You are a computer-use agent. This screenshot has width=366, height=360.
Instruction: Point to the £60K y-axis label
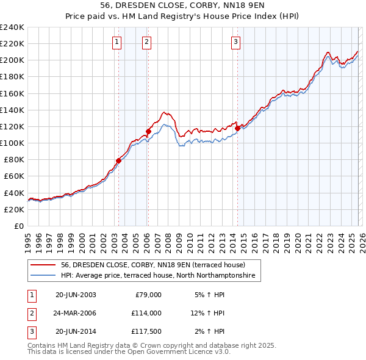click(x=14, y=176)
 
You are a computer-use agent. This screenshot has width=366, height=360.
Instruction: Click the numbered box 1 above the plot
click(x=117, y=42)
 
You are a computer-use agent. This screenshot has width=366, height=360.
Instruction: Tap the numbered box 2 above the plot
click(x=147, y=42)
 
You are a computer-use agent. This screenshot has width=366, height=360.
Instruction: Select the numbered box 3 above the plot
click(x=235, y=42)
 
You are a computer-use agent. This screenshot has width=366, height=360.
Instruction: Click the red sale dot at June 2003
click(x=118, y=160)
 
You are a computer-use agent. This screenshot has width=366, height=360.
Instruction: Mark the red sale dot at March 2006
click(x=148, y=131)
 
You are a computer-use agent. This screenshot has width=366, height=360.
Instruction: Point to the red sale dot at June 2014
click(x=237, y=128)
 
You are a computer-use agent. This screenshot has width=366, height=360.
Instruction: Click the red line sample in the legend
click(x=43, y=265)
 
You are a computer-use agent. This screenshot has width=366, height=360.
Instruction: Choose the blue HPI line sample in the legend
click(x=43, y=275)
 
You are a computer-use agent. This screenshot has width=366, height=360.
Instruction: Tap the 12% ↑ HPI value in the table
click(x=208, y=313)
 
